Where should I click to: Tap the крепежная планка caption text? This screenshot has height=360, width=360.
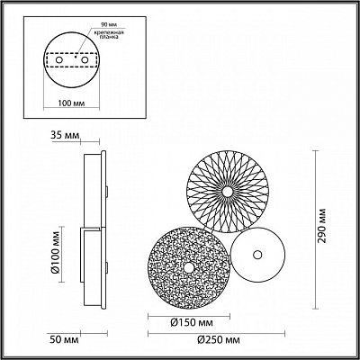(107, 35)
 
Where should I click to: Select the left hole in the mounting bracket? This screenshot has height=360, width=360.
(59, 60)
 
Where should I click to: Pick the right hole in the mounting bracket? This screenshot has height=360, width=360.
(85, 60)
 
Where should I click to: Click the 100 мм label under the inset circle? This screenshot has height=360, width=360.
(71, 103)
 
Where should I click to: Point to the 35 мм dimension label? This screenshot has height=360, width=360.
(66, 135)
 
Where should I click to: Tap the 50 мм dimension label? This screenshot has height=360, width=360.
(65, 340)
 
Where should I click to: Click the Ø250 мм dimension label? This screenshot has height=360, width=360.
(219, 340)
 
